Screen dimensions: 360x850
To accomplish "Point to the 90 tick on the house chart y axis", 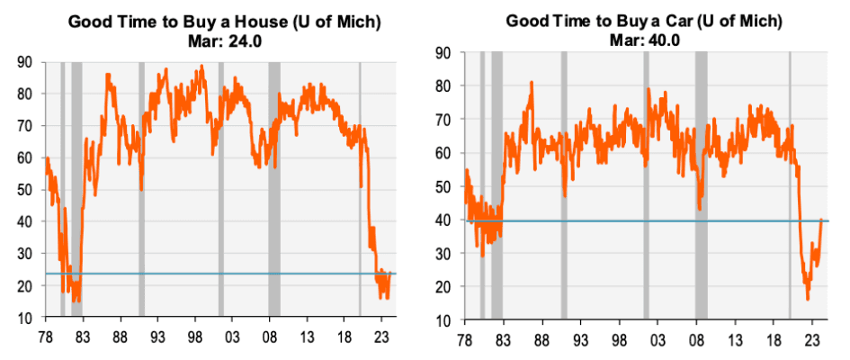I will point(28,62).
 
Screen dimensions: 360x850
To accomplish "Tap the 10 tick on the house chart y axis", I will point(28,319).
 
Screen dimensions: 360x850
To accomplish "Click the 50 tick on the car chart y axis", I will point(443,186).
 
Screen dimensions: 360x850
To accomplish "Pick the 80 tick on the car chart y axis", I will point(443,86).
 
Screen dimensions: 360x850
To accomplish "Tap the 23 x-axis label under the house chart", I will point(382,338).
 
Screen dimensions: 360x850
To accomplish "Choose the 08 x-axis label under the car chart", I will point(696,338).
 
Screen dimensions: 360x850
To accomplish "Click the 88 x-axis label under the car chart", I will point(541,338).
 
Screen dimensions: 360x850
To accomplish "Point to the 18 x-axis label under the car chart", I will point(774,338).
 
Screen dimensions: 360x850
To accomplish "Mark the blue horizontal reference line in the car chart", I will point(630,220).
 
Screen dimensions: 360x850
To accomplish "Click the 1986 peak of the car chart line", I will point(532,83).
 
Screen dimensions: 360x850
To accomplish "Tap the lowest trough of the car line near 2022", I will point(808,299).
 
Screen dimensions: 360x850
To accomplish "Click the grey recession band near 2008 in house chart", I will point(274,180).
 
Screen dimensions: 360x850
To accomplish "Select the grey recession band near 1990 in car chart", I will point(564,180).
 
